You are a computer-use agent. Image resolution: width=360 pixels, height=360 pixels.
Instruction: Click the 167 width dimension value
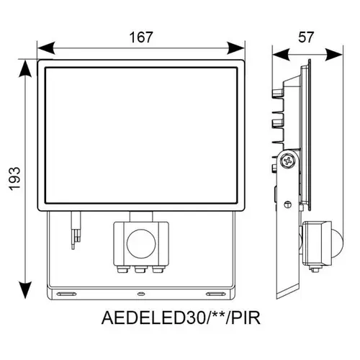[141, 37]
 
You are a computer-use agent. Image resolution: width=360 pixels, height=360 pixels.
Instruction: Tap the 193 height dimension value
[15, 179]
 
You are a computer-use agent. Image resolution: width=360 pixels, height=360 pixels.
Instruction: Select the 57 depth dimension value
[306, 37]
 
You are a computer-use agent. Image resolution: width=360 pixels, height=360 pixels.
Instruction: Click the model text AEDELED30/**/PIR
[181, 318]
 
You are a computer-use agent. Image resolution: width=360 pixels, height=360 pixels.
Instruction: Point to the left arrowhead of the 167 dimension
[46, 48]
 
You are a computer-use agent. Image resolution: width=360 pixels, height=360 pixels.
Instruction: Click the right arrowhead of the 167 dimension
[236, 48]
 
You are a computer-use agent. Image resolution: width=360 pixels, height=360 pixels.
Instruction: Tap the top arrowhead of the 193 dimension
[25, 68]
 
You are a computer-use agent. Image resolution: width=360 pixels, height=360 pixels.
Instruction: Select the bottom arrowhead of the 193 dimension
[25, 290]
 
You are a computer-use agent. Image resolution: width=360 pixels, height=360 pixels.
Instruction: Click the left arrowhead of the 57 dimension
[281, 54]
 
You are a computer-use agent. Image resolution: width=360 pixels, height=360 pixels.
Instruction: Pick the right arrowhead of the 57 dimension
[334, 54]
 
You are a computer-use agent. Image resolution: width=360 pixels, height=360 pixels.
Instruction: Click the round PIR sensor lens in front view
[141, 243]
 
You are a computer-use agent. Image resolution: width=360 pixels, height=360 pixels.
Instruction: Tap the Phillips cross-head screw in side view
[288, 161]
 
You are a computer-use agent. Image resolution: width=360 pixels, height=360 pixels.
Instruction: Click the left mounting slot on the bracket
[66, 294]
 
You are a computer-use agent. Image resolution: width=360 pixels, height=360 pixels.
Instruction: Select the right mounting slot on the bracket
[216, 294]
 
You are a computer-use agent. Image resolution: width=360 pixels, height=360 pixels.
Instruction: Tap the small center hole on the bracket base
[141, 294]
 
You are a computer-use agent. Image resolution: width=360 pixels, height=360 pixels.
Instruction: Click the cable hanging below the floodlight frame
[76, 230]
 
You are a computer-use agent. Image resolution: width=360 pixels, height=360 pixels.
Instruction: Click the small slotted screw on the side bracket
[287, 204]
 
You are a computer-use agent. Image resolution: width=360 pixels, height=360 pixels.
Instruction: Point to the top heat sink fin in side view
[278, 94]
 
